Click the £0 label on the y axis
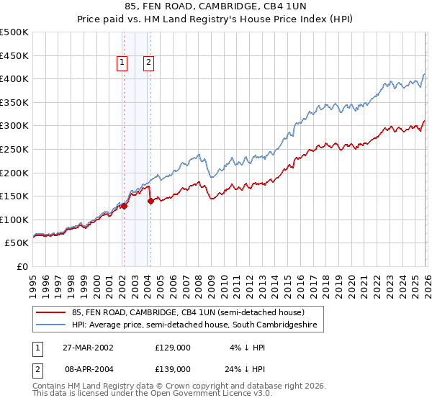point(22,266)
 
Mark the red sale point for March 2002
point(124,206)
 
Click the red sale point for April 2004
point(150,201)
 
